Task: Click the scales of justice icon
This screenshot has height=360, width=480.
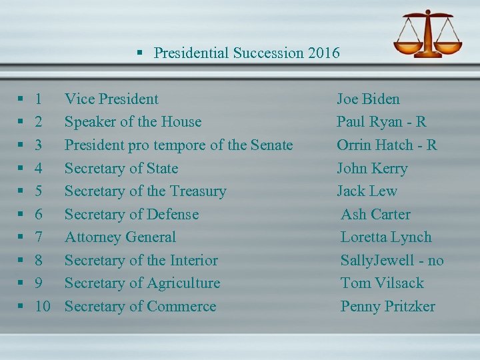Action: click(425, 34)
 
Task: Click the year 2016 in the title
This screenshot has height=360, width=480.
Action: click(324, 53)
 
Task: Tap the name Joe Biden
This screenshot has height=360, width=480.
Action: click(368, 99)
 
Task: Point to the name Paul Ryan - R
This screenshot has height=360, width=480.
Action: click(381, 122)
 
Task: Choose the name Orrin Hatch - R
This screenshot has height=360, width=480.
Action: click(387, 145)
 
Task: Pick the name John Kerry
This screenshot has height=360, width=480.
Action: click(372, 168)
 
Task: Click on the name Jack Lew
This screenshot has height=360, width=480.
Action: click(367, 191)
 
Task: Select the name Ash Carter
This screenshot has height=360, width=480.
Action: click(375, 214)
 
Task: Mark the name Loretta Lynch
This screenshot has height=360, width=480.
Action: click(386, 237)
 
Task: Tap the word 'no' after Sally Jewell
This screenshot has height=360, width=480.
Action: click(435, 261)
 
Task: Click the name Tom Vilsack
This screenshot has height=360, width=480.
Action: click(382, 283)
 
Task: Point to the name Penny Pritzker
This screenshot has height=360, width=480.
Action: click(387, 307)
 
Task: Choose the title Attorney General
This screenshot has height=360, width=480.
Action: click(120, 237)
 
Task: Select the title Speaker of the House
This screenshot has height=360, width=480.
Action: click(133, 122)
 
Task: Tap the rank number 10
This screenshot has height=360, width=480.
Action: click(43, 307)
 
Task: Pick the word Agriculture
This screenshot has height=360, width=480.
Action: click(184, 283)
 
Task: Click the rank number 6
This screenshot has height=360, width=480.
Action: click(39, 215)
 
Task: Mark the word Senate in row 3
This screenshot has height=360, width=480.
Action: click(271, 145)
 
